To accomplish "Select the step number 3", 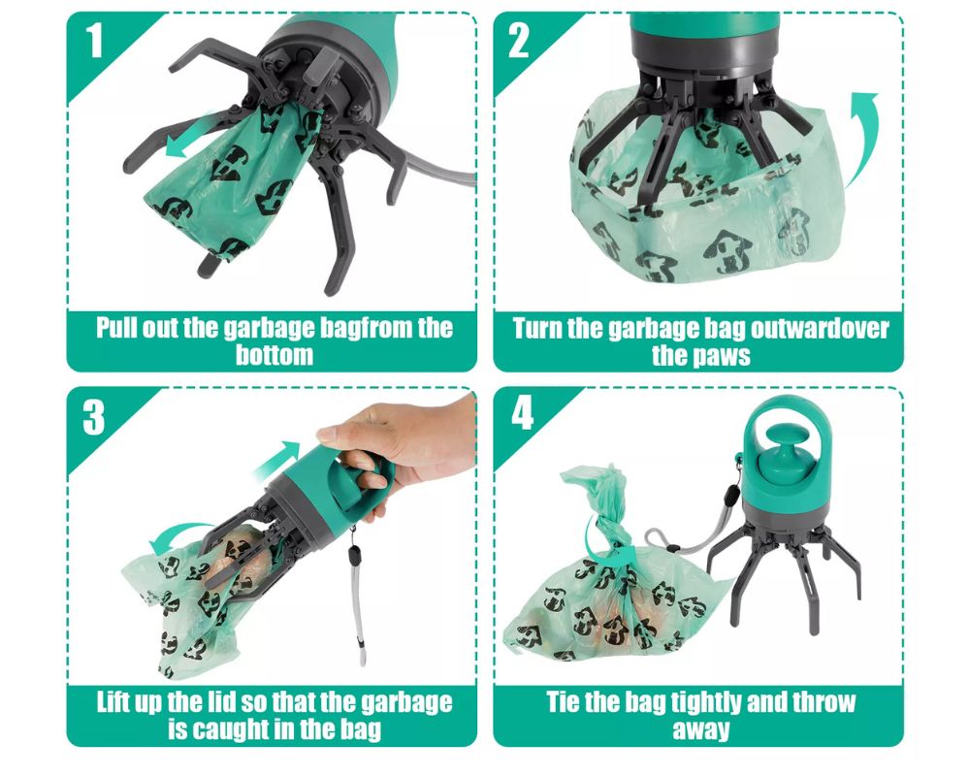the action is (x=94, y=417).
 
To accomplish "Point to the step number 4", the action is (x=523, y=413).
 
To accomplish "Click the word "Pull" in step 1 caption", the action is (x=115, y=327).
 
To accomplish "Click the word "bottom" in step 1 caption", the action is (x=275, y=355).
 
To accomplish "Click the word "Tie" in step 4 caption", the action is (x=561, y=702).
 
